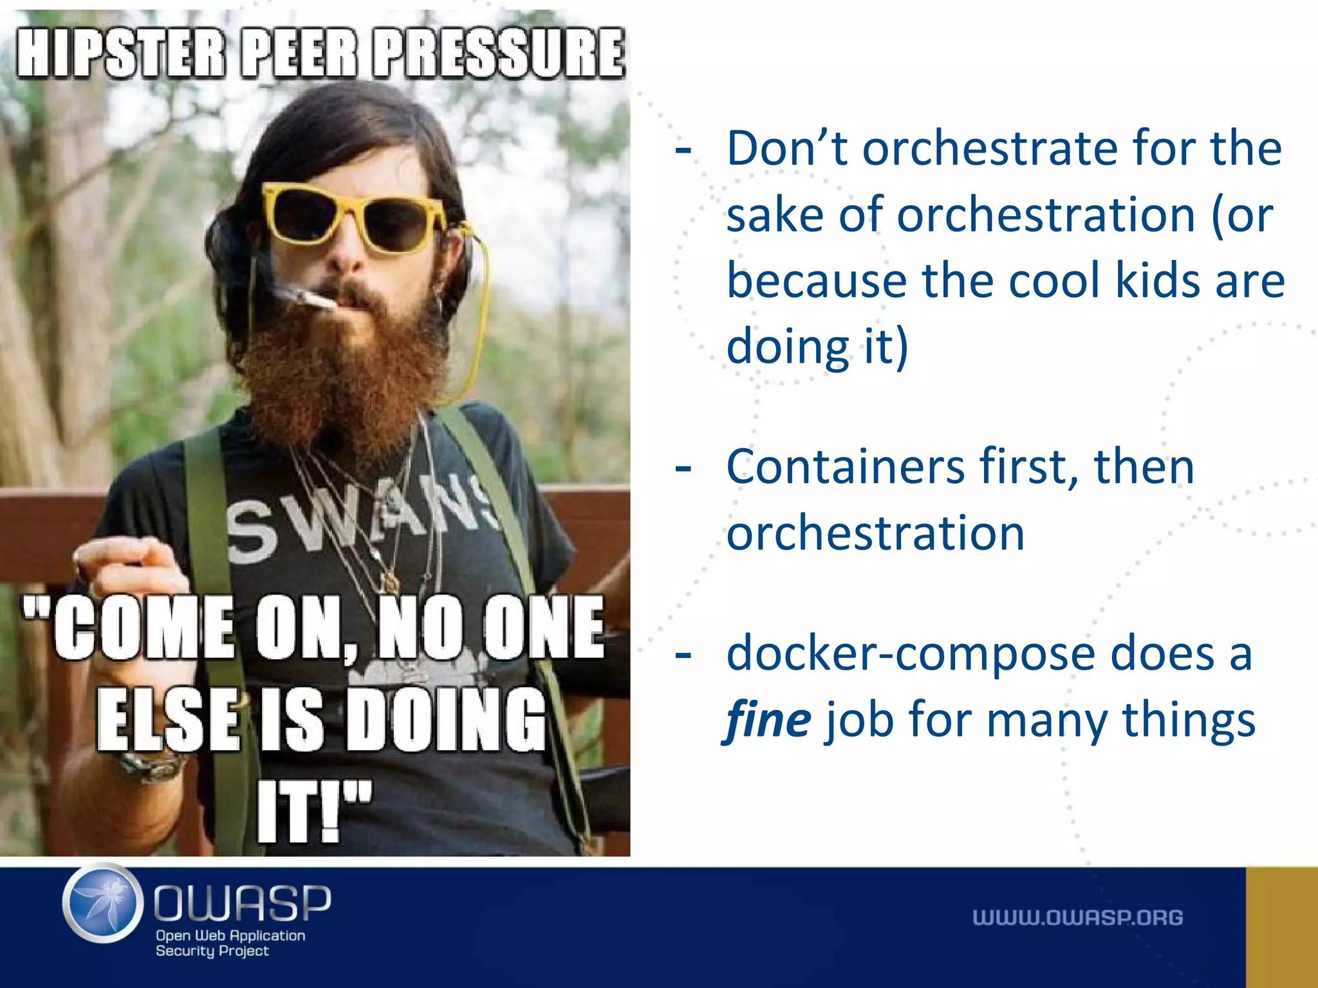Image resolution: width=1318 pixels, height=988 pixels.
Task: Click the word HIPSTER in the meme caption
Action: click(x=121, y=53)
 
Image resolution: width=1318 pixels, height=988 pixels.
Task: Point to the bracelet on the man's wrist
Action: click(x=153, y=767)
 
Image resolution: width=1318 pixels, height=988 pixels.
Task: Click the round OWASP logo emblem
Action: click(x=103, y=903)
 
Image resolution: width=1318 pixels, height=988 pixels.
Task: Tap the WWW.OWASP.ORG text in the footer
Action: click(x=1077, y=917)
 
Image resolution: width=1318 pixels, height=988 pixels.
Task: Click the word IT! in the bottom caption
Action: click(x=314, y=812)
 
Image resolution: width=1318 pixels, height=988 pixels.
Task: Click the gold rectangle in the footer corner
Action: click(x=1281, y=927)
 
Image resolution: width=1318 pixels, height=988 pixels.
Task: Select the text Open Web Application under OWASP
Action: click(x=230, y=935)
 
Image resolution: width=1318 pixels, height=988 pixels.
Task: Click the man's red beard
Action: click(x=341, y=373)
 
